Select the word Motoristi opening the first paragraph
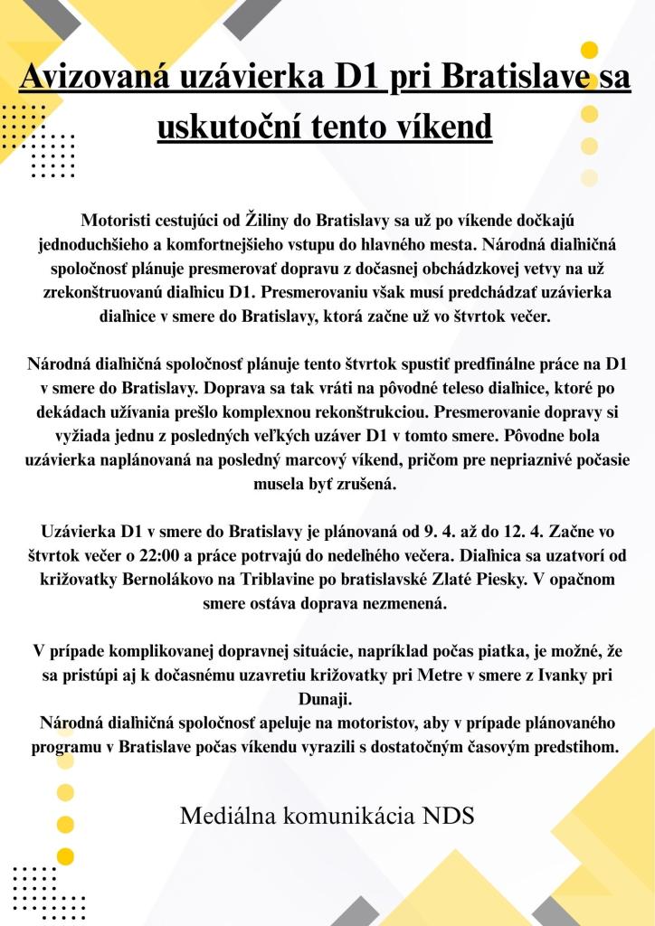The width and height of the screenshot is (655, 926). [119, 220]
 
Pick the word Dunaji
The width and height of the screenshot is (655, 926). [327, 700]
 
